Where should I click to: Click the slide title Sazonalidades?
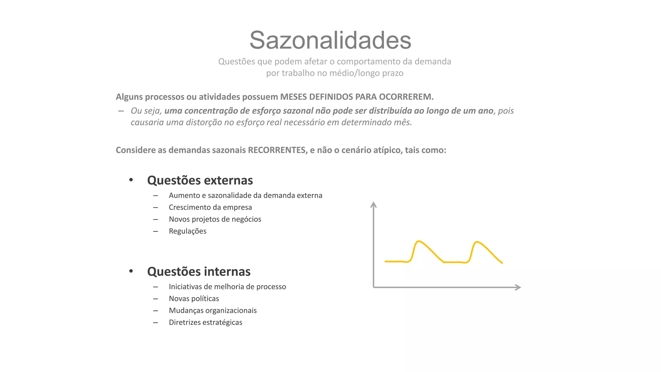[x=330, y=40]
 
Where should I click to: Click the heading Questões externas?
[x=200, y=180]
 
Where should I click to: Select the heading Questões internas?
[x=198, y=272]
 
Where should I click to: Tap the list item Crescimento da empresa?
[x=210, y=207]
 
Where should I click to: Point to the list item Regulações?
[x=188, y=231]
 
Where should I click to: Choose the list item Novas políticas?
[x=194, y=299]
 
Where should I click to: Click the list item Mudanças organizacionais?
[x=213, y=311]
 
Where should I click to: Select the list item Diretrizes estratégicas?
[x=205, y=323]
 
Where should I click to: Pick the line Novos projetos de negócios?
[x=215, y=219]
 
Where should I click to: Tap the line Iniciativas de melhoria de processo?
[x=227, y=287]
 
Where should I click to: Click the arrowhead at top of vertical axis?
[x=373, y=204]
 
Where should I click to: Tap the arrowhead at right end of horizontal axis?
[x=518, y=287]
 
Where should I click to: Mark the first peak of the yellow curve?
[x=419, y=241]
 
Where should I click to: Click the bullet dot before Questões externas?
[x=131, y=180]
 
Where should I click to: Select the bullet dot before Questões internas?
[x=131, y=271]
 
